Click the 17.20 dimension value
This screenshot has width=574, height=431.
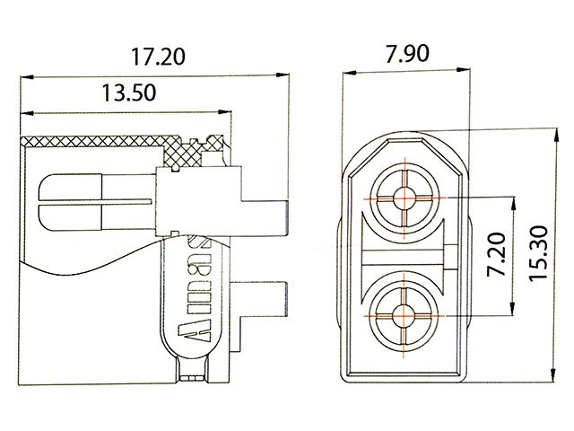[158, 57]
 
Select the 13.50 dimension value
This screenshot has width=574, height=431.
[129, 92]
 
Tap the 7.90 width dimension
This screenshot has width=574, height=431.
[407, 54]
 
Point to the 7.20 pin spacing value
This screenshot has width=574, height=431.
[497, 254]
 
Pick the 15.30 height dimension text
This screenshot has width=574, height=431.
[538, 253]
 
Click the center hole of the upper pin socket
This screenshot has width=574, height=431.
[404, 198]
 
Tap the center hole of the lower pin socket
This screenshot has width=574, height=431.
[404, 315]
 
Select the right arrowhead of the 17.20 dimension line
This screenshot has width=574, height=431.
[283, 75]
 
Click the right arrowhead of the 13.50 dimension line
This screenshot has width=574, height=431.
[225, 111]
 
